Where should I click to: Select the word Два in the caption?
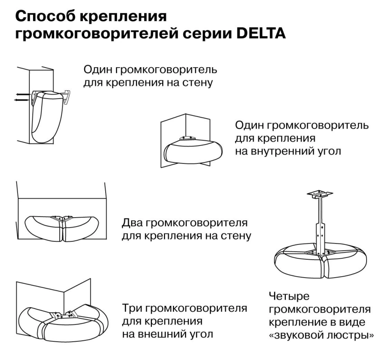(x=134, y=223)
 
